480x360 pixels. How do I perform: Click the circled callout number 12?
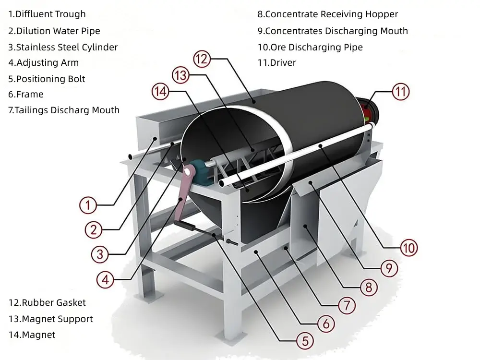202,59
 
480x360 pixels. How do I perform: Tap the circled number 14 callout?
161,91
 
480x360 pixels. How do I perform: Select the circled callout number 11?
401,92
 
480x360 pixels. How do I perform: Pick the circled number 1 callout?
88,205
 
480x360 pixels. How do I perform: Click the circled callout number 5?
305,341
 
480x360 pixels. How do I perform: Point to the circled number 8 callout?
369,287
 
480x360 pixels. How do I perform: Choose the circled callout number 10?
409,248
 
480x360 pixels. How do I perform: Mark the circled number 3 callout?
100,254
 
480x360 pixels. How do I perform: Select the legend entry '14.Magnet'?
32,335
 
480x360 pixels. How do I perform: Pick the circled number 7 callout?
347,305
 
